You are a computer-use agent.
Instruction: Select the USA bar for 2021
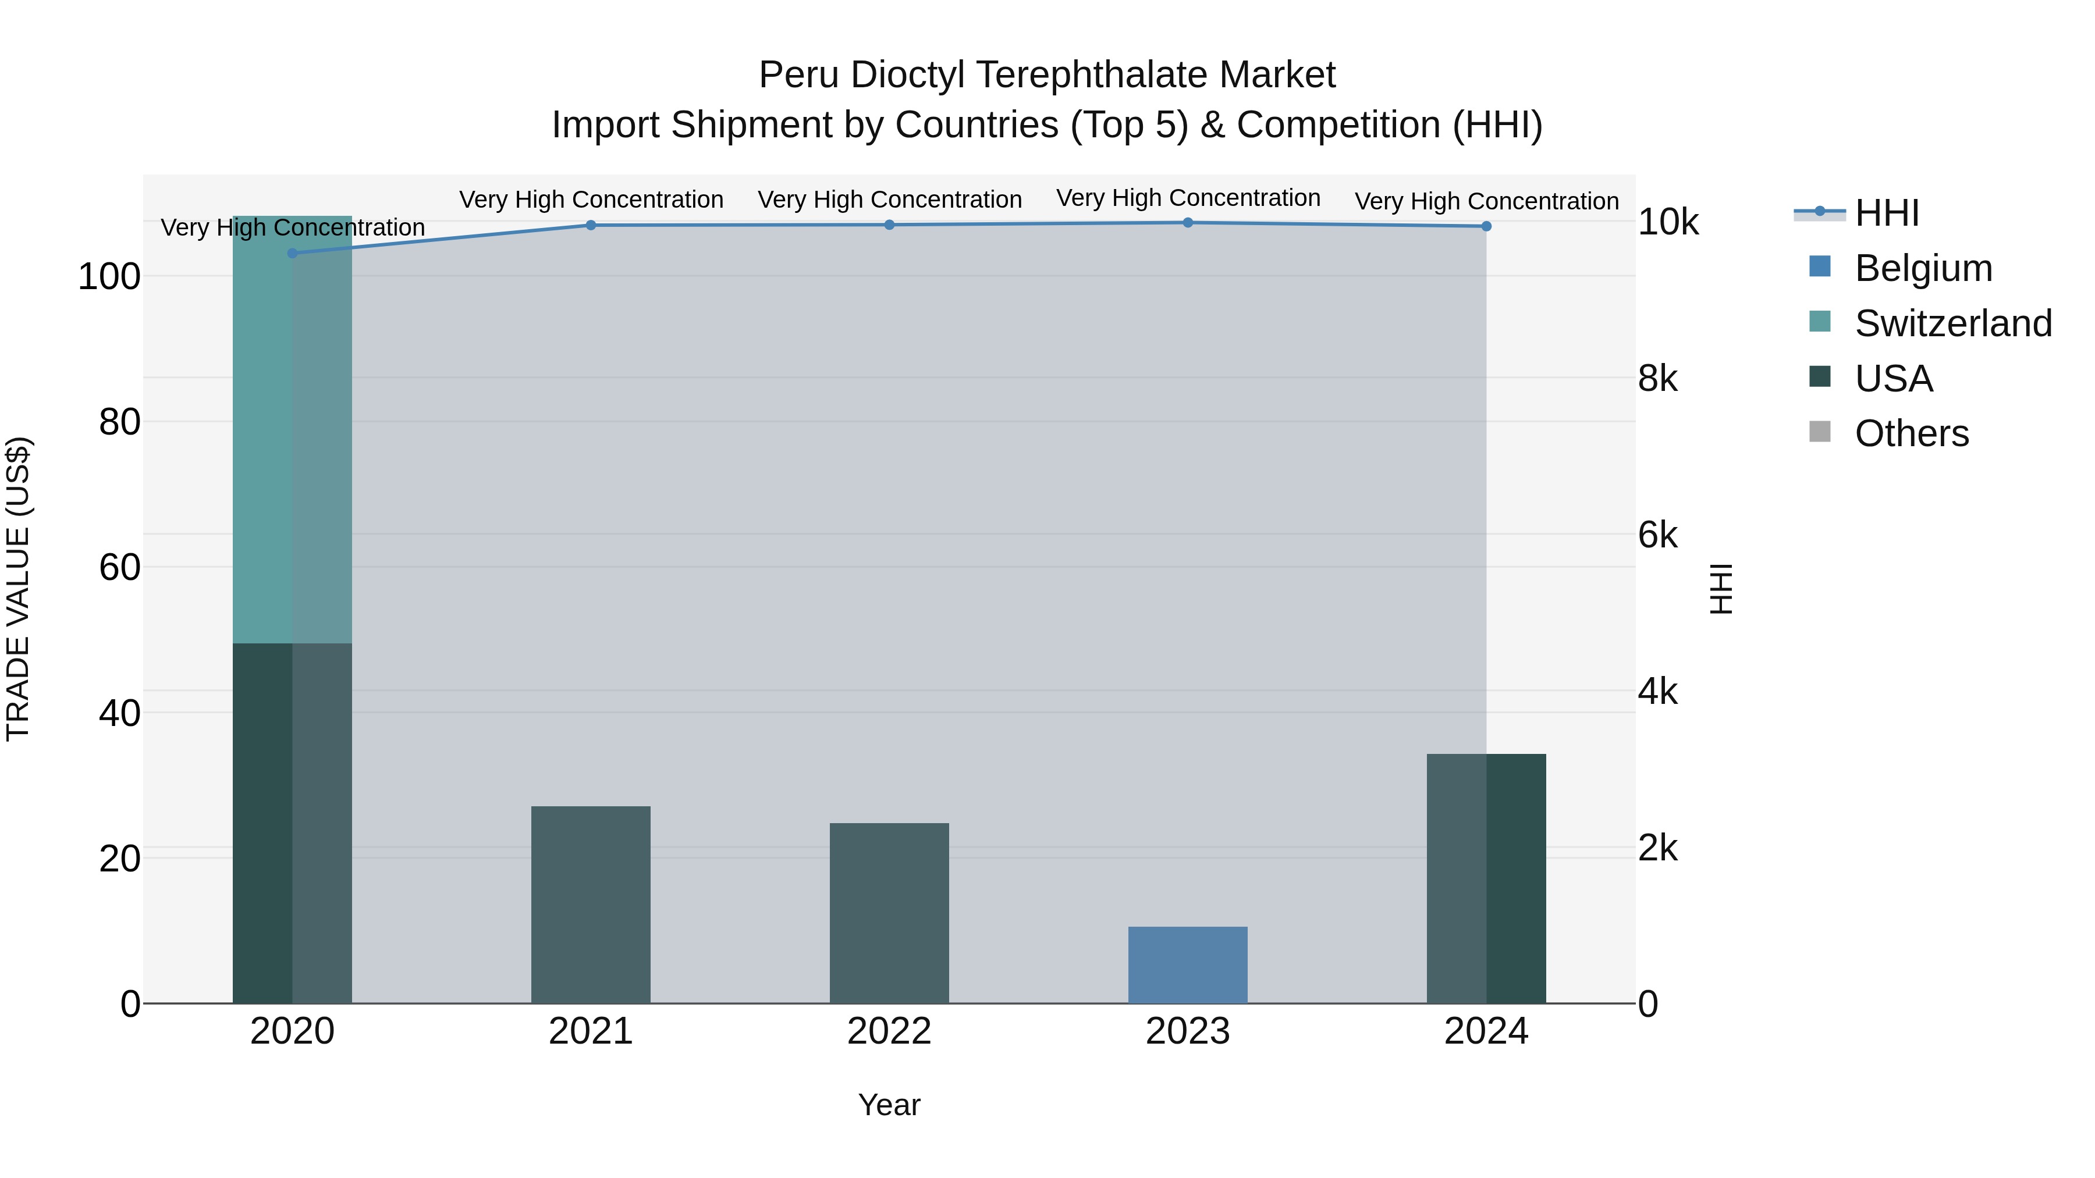(x=591, y=904)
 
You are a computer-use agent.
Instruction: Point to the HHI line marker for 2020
(x=293, y=253)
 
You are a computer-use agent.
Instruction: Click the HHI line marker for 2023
(x=1187, y=223)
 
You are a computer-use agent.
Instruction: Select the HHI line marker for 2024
(x=1486, y=226)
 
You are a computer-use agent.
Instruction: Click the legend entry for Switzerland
(x=1952, y=323)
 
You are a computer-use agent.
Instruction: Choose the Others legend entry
(x=1911, y=433)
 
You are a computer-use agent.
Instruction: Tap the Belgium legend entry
(x=1923, y=268)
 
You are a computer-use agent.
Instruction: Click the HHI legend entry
(x=1887, y=212)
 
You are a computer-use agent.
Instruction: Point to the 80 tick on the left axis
(x=119, y=422)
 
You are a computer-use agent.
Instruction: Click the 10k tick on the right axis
(x=1667, y=222)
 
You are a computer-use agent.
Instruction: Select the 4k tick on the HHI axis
(x=1657, y=692)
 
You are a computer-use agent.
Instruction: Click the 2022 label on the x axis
(x=889, y=1031)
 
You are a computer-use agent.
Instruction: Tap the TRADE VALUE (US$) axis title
(x=18, y=589)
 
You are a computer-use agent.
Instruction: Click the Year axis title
(x=889, y=1105)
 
